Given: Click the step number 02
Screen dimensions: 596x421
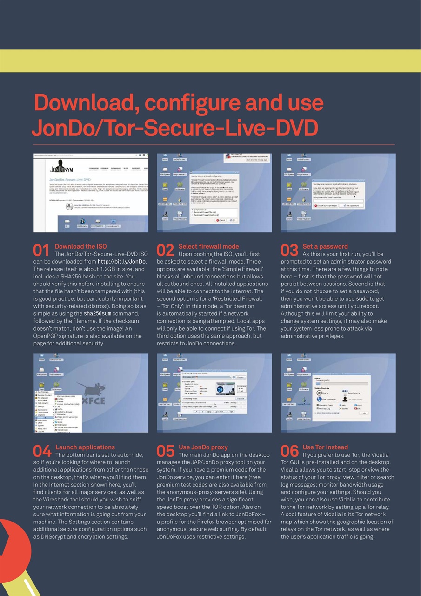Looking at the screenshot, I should click(166, 251).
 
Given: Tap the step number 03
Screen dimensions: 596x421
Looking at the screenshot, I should click(289, 251).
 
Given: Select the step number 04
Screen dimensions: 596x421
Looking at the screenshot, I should click(41, 451).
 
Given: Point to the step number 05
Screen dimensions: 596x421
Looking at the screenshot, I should click(166, 451).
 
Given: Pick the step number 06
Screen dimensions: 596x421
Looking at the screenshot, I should click(289, 451).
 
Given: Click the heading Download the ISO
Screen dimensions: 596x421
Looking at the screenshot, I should click(80, 246).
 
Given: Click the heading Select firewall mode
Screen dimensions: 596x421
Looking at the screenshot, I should click(208, 246).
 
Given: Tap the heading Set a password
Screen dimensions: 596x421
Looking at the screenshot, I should click(325, 246).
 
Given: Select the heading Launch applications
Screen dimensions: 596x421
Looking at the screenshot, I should click(85, 447).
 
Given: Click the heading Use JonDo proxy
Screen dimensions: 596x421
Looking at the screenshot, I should click(203, 447).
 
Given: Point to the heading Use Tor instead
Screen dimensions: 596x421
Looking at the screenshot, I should click(325, 447).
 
